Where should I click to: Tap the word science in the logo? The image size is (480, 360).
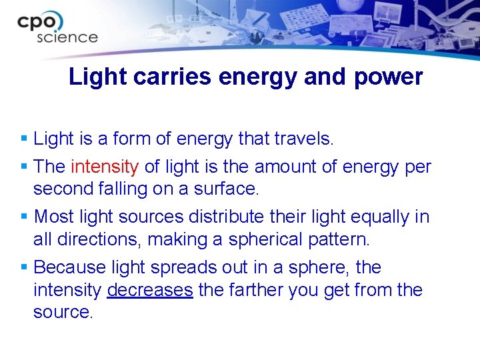click(67, 37)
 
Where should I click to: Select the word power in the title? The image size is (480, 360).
click(388, 77)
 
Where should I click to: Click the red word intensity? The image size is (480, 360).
click(105, 167)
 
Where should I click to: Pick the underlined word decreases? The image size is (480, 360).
click(150, 290)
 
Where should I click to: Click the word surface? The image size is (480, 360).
click(227, 189)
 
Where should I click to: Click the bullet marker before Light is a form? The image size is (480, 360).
click(25, 139)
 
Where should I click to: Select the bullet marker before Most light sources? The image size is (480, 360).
click(25, 217)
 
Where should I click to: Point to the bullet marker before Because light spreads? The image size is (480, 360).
click(25, 267)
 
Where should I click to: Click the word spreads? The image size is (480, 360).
click(181, 267)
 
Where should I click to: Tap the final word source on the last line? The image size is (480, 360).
click(63, 312)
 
